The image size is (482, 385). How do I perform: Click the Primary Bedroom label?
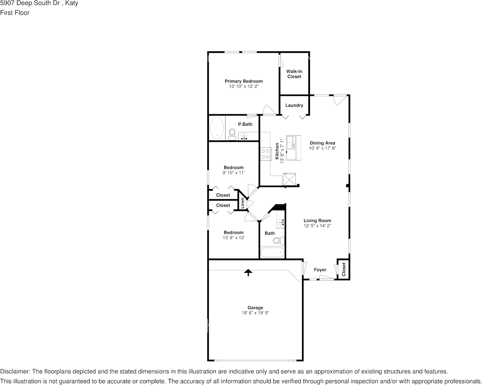click(243, 81)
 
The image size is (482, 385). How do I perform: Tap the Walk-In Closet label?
click(294, 74)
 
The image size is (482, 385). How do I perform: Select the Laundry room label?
click(294, 105)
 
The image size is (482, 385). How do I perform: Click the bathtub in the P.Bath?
click(217, 128)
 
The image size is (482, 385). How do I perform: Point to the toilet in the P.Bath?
click(232, 135)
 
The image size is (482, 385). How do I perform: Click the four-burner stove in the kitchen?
click(266, 154)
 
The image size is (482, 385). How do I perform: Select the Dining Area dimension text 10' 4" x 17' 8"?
click(323, 148)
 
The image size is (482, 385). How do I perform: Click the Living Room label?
click(317, 220)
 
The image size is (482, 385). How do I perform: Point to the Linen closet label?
click(242, 203)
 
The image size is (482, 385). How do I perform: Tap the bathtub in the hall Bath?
click(272, 252)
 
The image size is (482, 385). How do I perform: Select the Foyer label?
click(320, 270)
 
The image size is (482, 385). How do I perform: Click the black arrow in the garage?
click(248, 272)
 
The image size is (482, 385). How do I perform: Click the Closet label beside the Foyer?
click(344, 269)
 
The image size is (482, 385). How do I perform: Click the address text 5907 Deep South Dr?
click(30, 3)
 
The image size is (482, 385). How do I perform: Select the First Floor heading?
click(15, 13)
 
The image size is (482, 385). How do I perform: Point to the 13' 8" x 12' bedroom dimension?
click(234, 238)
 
